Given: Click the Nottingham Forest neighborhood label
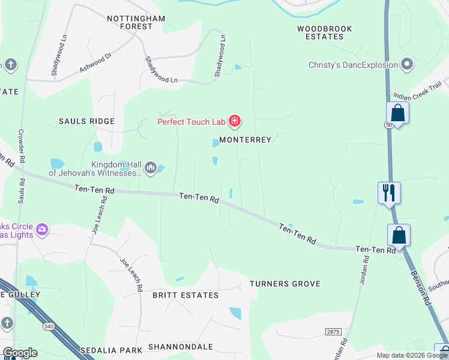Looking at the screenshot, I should (136, 22).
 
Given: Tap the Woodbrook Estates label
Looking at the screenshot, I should (325, 32).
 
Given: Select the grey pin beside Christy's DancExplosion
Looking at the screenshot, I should (408, 64).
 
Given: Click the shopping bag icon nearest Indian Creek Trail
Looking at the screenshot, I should (397, 112).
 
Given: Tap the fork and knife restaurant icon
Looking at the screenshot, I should (389, 192).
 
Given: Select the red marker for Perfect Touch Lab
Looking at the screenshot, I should (235, 122).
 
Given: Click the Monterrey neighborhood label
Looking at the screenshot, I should (246, 140).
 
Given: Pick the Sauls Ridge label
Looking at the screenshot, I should (86, 121).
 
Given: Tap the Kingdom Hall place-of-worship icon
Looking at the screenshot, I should (151, 167).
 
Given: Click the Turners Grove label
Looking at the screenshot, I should (285, 284).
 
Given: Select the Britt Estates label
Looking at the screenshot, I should (185, 295).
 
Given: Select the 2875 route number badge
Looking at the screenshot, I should (334, 331).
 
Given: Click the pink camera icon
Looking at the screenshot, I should (41, 229).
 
